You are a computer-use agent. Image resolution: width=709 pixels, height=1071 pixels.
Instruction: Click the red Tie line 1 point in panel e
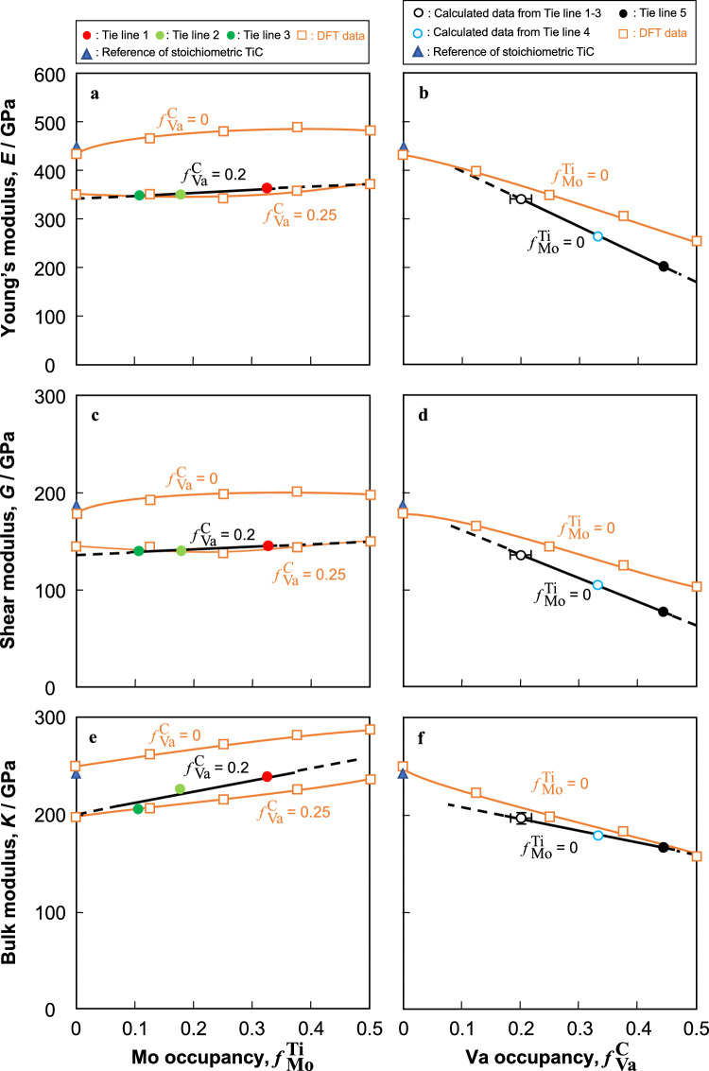coord(268,776)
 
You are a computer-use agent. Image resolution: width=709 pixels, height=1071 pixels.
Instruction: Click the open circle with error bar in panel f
coord(521,818)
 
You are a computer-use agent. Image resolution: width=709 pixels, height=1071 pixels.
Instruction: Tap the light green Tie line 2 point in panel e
coord(180,788)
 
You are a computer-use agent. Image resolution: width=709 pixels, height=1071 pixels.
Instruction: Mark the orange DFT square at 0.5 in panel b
coord(697,241)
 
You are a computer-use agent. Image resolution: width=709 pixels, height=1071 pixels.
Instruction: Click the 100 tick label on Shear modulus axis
coord(50,591)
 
